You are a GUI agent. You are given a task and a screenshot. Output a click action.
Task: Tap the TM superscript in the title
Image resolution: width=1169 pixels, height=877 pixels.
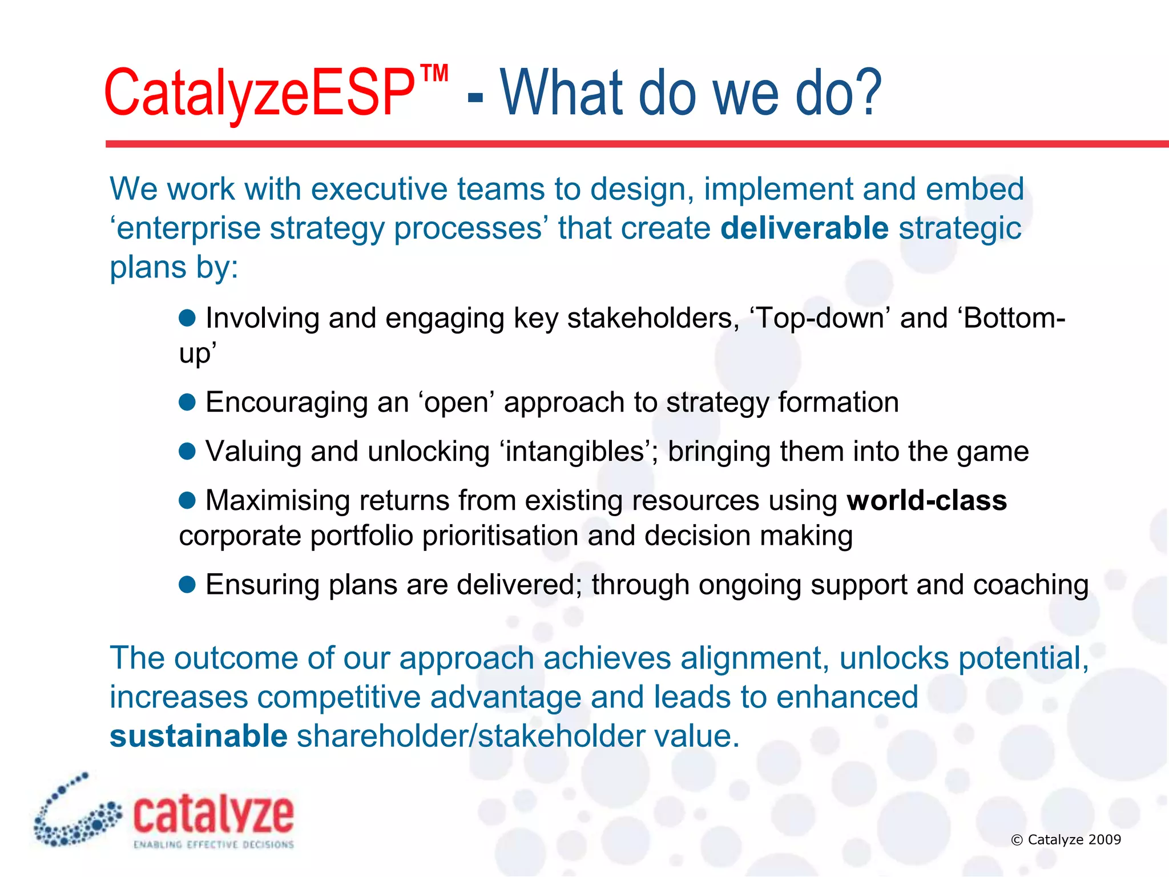[x=434, y=75]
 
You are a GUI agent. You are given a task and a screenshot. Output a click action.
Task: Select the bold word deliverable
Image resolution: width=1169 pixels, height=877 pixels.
[x=804, y=228]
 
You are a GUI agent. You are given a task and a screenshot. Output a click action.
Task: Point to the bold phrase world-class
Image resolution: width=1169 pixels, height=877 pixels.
[x=926, y=501]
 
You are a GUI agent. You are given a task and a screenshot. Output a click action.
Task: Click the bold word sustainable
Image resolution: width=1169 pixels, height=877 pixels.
[x=198, y=736]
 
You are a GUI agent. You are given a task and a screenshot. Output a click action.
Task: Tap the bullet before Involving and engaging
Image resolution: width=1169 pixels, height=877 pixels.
[x=187, y=318]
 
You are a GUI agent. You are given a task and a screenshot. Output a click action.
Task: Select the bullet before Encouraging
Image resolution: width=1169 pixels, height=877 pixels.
[x=187, y=403]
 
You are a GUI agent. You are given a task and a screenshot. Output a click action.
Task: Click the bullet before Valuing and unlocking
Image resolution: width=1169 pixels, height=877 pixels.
[x=187, y=452]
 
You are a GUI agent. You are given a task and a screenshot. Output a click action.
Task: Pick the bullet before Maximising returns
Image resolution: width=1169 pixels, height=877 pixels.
[x=187, y=501]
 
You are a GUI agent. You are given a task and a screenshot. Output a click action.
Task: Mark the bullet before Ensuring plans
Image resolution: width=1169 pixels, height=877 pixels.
[x=187, y=585]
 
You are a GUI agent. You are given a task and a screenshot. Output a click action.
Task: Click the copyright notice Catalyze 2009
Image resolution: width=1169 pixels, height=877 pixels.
[x=1066, y=839]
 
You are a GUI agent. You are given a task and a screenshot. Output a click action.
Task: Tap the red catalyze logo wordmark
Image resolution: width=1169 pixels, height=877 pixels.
[x=213, y=815]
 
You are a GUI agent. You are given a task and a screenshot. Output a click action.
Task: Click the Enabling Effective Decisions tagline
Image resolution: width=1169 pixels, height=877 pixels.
[x=213, y=844]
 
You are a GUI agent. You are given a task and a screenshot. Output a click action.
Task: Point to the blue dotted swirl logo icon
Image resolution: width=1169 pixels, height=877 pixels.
[x=74, y=814]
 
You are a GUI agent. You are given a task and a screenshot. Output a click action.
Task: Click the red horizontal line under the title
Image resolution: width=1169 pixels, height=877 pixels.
[x=628, y=144]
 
